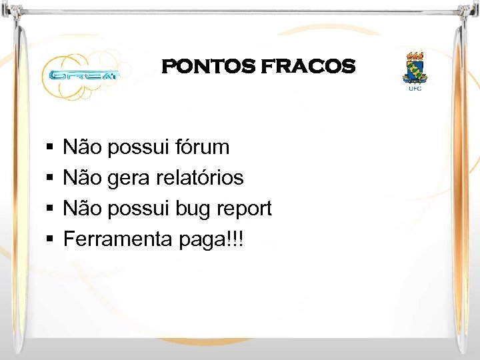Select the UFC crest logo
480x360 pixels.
[x=415, y=67]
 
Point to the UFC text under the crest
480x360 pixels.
[x=415, y=87]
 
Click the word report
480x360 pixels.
[x=246, y=209]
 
